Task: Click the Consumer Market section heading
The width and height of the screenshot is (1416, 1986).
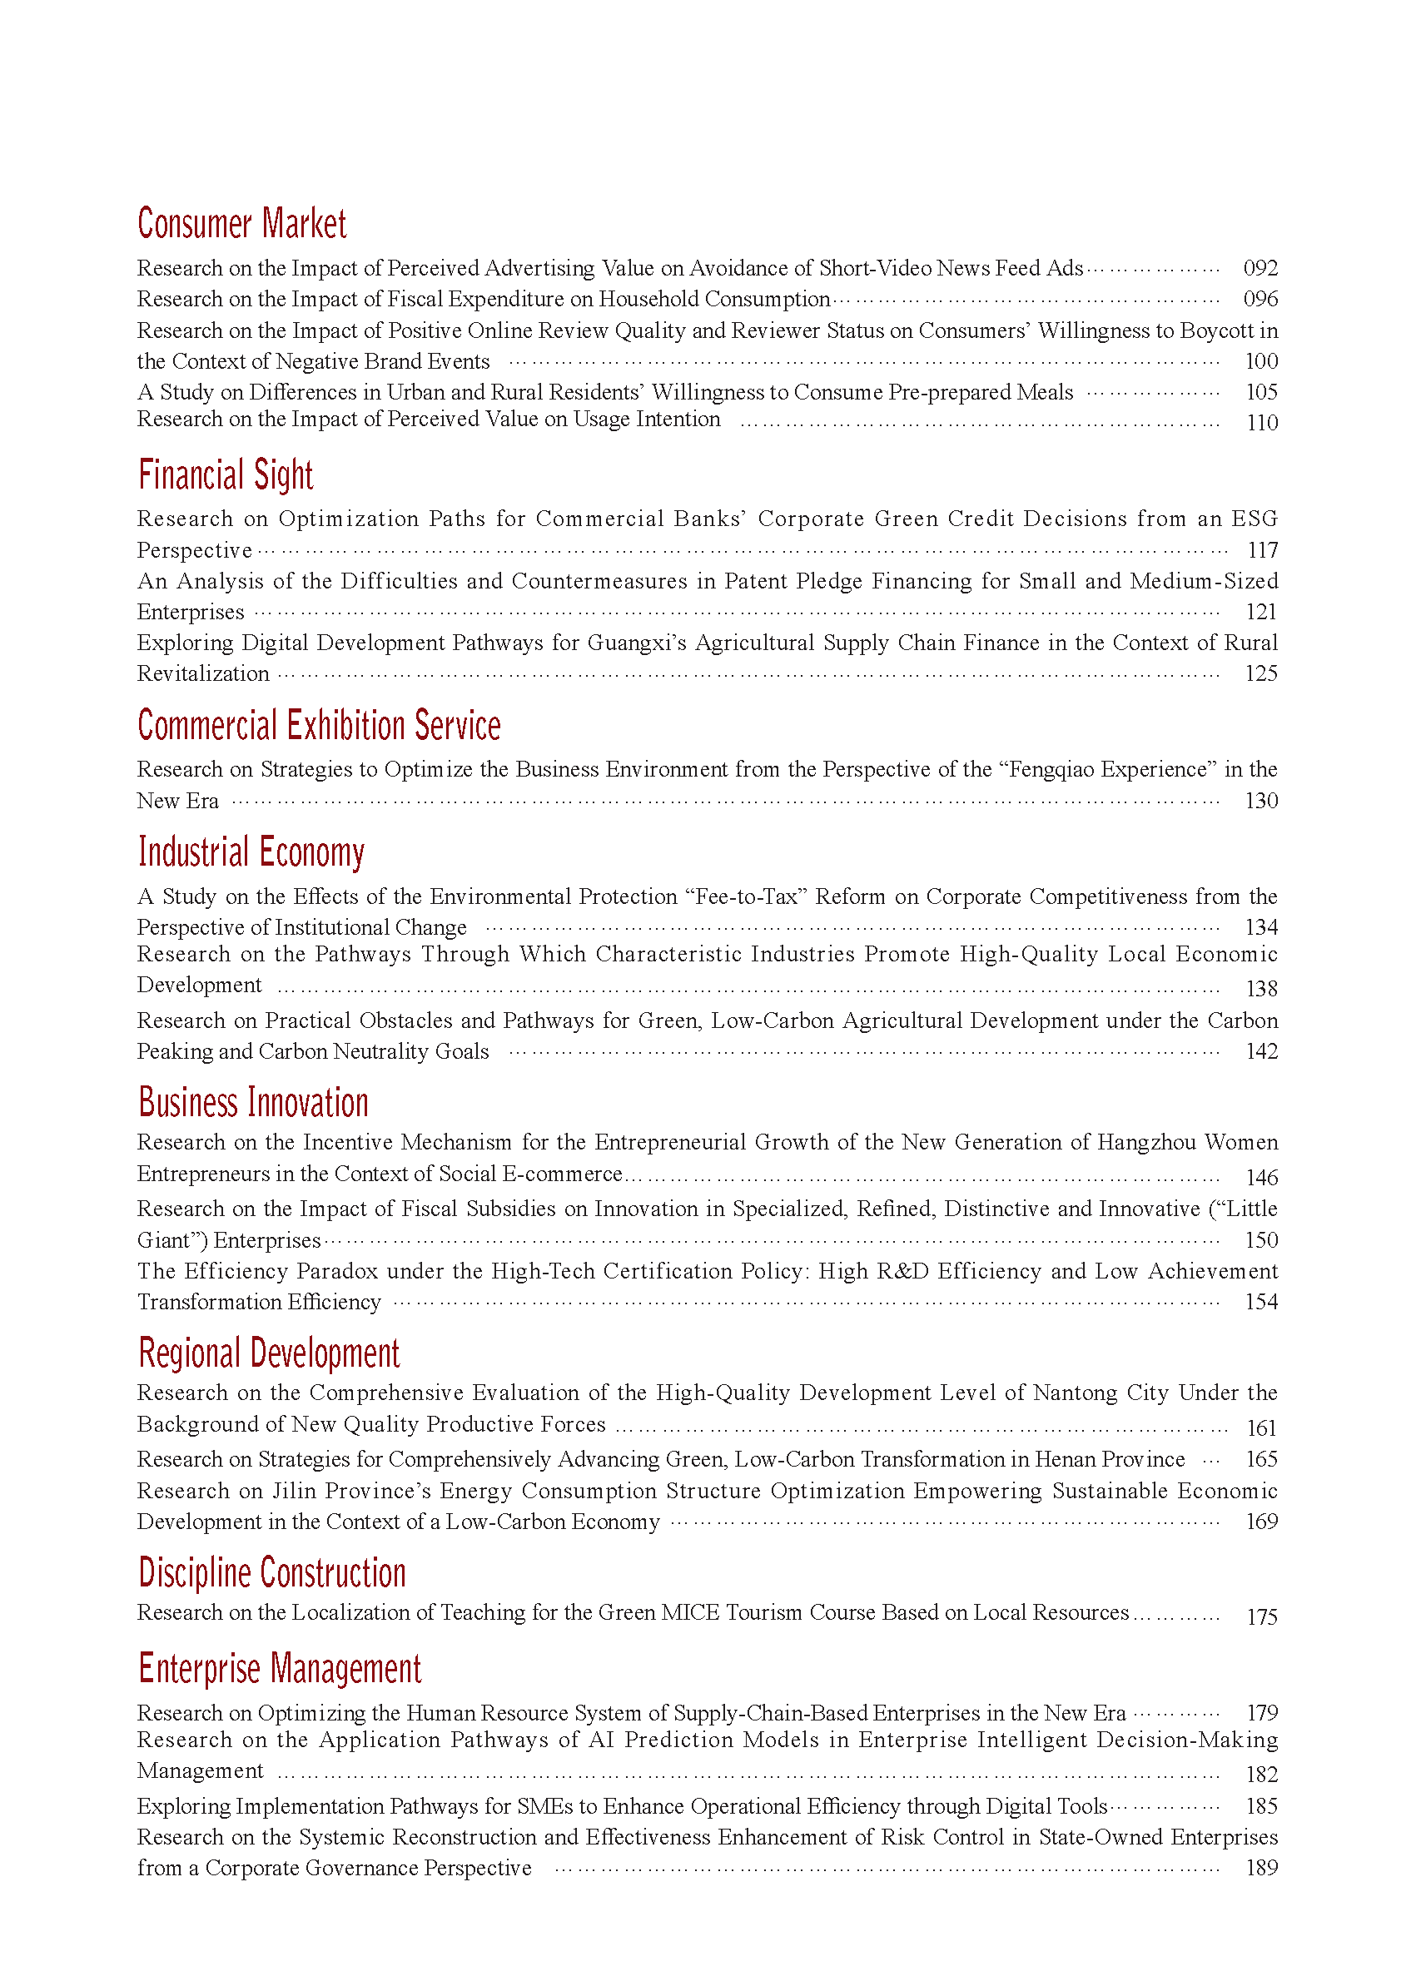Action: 241,224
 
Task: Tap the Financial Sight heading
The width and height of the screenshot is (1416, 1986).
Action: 225,475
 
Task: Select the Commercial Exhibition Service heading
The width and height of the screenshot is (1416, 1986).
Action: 319,725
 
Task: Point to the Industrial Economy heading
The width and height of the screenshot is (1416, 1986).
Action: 251,851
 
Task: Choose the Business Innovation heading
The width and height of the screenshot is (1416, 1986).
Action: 253,1103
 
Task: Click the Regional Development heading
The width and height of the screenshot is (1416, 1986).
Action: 269,1353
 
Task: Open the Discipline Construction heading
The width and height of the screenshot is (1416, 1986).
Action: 272,1573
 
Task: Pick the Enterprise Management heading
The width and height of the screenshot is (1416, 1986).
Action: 279,1669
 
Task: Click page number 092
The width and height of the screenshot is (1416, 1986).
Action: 1260,269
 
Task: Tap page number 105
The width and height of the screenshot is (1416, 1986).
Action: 1261,392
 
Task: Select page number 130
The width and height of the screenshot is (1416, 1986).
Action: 1261,802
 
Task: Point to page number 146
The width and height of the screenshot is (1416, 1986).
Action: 1261,1178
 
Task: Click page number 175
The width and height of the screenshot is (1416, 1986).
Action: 1261,1617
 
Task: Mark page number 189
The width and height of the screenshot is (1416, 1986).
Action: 1261,1869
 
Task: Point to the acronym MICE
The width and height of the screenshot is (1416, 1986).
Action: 690,1613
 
